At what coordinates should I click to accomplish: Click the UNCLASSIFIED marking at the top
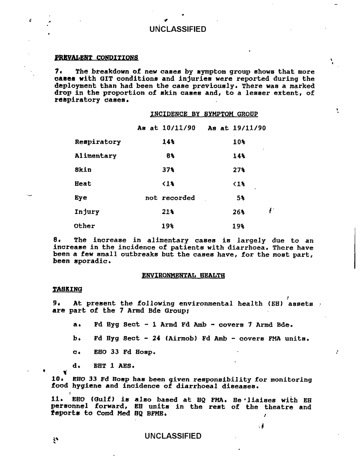(x=177, y=29)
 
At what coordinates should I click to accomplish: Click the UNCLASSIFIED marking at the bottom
(x=172, y=436)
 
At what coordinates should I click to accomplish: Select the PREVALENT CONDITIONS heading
(x=96, y=57)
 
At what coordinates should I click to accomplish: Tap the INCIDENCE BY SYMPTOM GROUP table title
(x=204, y=114)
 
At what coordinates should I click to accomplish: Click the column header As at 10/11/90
(x=166, y=128)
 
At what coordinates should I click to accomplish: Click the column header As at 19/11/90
(x=237, y=128)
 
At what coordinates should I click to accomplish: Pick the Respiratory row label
(x=97, y=142)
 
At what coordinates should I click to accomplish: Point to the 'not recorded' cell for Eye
(x=170, y=198)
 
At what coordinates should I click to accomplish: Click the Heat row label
(x=83, y=184)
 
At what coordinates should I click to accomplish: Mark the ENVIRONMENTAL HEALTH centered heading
(x=183, y=275)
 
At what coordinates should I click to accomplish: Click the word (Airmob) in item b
(x=161, y=339)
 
